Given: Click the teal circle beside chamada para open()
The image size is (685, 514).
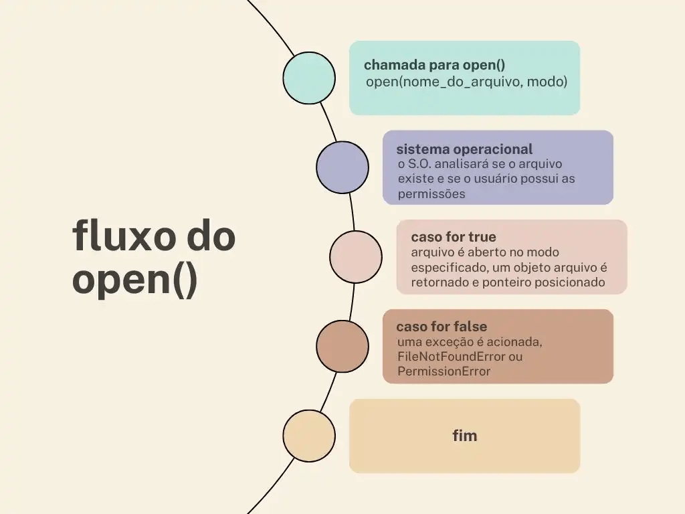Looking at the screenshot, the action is click(309, 78).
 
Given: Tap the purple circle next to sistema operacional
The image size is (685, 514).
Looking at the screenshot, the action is click(342, 167).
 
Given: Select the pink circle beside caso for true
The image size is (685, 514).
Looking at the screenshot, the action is click(356, 257).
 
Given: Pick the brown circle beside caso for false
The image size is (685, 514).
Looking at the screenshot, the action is click(342, 347).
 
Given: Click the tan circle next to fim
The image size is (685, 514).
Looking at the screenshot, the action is click(309, 436).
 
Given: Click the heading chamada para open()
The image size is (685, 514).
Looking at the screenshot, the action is click(434, 65).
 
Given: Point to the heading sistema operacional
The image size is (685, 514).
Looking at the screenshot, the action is click(464, 149).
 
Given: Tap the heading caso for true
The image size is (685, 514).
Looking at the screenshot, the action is click(453, 238).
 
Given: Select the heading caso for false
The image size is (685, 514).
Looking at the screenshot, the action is click(442, 327).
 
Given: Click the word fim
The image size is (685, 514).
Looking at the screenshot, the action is click(464, 436).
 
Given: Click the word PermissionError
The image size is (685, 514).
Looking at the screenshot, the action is click(444, 371).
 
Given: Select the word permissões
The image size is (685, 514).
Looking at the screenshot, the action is click(431, 194).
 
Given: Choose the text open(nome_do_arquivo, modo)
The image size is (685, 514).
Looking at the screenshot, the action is click(466, 82).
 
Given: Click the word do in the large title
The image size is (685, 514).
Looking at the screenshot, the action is click(209, 237).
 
